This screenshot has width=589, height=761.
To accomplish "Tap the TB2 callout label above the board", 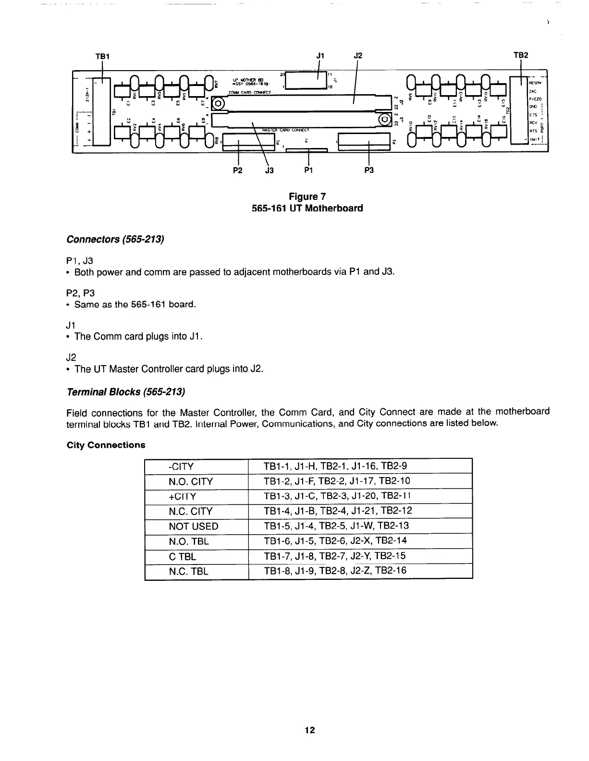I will click(521, 55).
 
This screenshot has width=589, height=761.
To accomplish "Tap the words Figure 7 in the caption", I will click(307, 196).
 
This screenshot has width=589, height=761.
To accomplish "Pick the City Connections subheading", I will click(106, 445).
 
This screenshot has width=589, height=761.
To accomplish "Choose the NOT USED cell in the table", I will click(194, 526).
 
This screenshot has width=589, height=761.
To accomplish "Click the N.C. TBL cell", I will click(189, 571).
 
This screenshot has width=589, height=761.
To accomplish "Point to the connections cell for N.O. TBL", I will click(335, 541).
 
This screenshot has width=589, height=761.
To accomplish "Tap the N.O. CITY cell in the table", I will click(191, 481).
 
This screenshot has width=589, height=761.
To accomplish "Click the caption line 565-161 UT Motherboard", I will click(307, 209).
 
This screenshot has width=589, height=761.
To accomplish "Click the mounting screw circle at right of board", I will click(385, 119).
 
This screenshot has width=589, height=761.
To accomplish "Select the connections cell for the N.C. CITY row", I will click(338, 511).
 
